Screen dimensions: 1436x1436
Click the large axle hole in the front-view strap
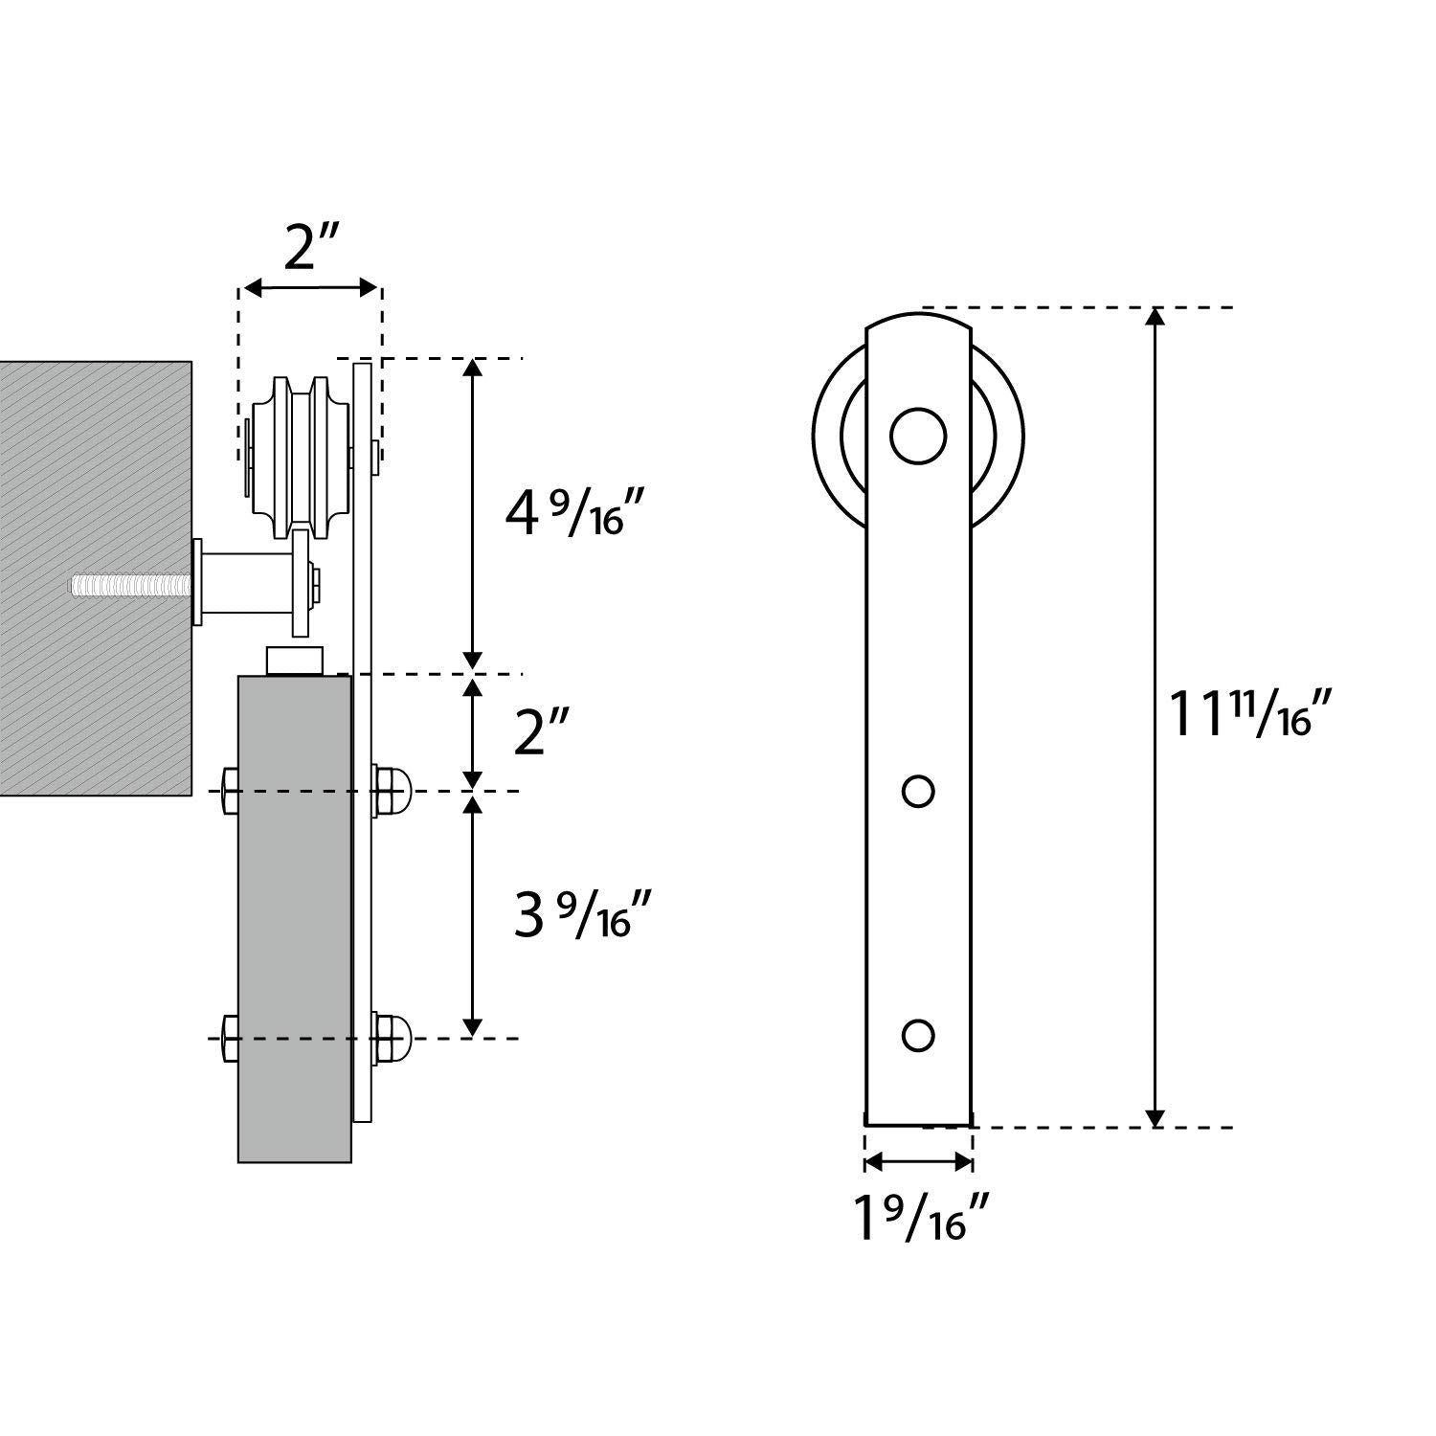pos(918,436)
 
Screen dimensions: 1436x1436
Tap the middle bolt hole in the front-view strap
pos(918,791)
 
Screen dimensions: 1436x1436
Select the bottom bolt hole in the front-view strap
pos(918,1035)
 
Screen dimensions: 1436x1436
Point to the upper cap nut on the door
pos(392,790)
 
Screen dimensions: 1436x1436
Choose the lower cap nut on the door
pos(392,1038)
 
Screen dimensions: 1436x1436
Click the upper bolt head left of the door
pos(230,791)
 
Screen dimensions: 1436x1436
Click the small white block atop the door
pos(296,662)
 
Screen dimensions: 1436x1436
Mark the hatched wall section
pos(96,578)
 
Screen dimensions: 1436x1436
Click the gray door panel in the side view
pos(295,919)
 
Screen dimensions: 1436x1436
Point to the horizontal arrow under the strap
pos(919,1162)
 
